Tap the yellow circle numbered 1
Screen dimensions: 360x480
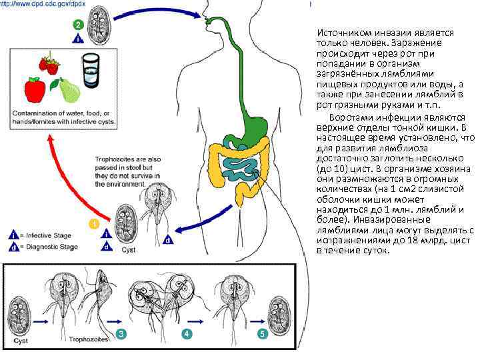pos(95,223)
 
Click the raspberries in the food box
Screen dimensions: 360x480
pos(48,64)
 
